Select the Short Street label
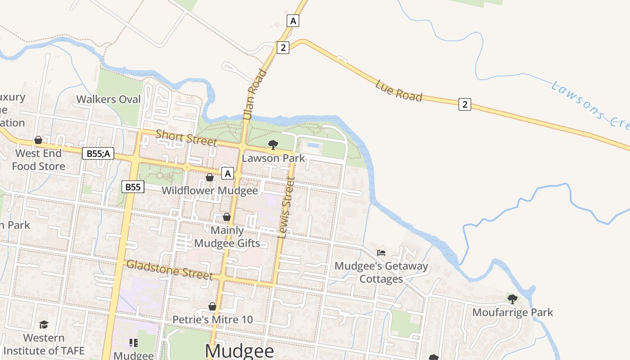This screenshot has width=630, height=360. [186, 137]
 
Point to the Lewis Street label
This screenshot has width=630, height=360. [287, 207]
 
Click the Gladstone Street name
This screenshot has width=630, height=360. [169, 269]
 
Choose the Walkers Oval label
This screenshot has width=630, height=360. [108, 99]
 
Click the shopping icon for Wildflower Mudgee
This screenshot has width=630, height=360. [210, 177]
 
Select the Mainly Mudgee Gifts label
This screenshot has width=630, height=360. [227, 237]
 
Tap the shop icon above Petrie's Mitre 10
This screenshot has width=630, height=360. [212, 307]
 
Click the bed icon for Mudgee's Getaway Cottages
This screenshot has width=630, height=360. [381, 252]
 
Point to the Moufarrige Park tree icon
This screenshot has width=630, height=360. [512, 299]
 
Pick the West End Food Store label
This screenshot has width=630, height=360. [39, 160]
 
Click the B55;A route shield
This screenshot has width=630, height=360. [98, 154]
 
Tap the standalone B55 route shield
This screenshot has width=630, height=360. [133, 187]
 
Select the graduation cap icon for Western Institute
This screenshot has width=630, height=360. [44, 324]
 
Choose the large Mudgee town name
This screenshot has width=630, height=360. [239, 351]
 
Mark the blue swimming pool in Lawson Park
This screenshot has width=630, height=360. [313, 145]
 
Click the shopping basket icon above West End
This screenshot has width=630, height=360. [38, 140]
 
